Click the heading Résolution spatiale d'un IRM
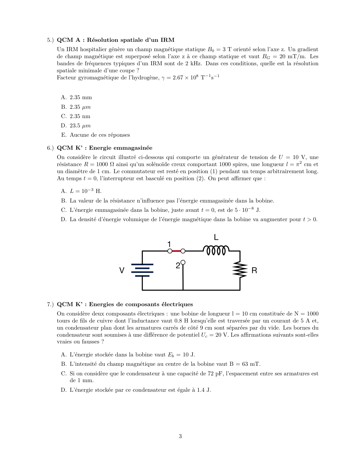[131, 40]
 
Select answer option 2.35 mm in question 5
[81, 97]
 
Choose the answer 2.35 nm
[80, 116]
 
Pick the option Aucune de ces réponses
[100, 135]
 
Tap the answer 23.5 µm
[80, 126]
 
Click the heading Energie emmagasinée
[121, 148]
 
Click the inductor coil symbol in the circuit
[216, 250]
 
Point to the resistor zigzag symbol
[240, 269]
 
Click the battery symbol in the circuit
[142, 270]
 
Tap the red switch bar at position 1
[176, 251]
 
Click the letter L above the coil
[216, 237]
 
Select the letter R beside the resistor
[254, 271]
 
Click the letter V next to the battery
[122, 271]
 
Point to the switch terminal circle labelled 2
[183, 262]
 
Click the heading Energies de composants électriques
[141, 304]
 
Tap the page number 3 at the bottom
[180, 436]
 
